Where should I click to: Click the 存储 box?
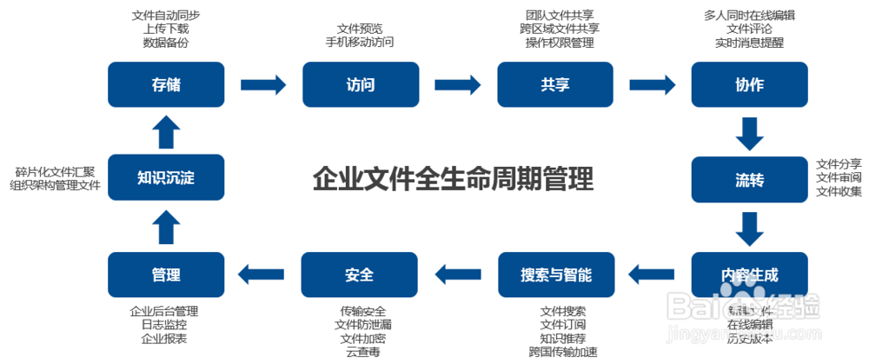pos(165,84)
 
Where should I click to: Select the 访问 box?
pos(360,84)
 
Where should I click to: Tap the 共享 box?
pos(554,84)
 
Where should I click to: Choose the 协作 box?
pos(748,84)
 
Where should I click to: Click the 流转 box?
pos(748,180)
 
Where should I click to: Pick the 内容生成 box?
pos(748,275)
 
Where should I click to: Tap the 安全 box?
pos(359,275)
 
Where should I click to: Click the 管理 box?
pos(165,275)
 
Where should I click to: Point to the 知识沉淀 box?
pos(165,178)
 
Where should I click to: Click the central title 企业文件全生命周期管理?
pos(453,180)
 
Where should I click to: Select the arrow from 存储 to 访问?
pos(263,84)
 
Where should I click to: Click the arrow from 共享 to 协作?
pos(653,84)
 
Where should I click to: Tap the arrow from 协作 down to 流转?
pos(748,132)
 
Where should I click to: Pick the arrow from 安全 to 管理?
pos(263,275)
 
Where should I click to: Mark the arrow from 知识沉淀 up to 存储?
pos(165,132)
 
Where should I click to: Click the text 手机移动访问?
pos(359,42)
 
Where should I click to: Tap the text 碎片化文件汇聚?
pos(55,171)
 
